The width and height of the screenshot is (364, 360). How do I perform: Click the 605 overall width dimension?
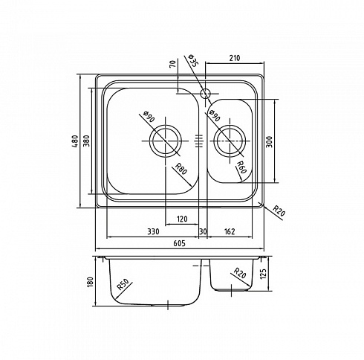point(179,243)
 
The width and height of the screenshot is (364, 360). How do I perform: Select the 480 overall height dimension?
point(75,141)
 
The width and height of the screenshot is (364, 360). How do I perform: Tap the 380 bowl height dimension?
point(87,141)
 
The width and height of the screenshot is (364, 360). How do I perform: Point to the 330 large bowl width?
point(153,231)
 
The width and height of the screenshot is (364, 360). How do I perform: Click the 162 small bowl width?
point(229,231)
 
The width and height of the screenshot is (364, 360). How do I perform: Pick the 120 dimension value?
point(182,219)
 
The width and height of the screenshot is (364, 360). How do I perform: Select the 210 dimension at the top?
point(235,58)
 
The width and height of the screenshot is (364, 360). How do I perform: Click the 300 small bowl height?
point(270,141)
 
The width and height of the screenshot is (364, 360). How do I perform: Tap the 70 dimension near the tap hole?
point(173,64)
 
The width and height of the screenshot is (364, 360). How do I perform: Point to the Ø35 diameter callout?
point(193,61)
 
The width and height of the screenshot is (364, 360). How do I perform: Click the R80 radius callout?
point(181,169)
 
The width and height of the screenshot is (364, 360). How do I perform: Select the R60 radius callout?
point(241,167)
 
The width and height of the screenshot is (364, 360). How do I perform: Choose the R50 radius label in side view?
point(123,284)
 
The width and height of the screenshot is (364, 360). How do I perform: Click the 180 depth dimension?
point(90,282)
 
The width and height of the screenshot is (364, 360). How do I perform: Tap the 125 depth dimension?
point(263,274)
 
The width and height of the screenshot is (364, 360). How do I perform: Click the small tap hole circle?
point(205,94)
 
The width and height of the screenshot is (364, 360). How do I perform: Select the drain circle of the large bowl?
point(166,141)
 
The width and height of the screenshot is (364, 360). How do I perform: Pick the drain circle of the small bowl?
point(230,141)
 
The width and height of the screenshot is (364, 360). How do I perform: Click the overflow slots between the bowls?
point(199,141)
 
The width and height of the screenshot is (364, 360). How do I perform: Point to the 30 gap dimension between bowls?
point(203,231)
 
